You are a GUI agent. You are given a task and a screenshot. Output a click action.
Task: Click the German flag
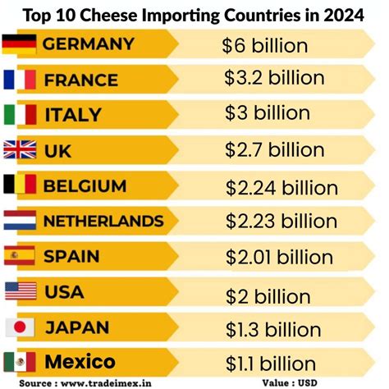[x=20, y=43]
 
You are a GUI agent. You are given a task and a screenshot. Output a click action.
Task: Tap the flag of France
[x=20, y=79]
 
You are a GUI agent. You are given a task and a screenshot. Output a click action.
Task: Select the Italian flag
[x=20, y=114]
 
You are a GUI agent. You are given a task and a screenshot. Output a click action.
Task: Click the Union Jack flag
[x=20, y=149]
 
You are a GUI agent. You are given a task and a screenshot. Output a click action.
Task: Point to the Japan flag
[x=20, y=326]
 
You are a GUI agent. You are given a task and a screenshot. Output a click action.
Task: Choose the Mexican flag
[x=20, y=361]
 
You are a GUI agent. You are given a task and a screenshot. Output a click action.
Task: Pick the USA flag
[x=20, y=291]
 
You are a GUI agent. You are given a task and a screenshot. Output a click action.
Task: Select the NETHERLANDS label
[x=103, y=221]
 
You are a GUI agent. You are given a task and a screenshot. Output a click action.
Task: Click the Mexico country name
[x=80, y=361]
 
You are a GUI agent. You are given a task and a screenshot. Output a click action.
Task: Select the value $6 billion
[x=264, y=46]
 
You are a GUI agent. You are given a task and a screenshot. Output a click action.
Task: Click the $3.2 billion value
[x=275, y=80]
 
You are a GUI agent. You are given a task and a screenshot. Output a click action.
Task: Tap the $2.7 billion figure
[x=275, y=151]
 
